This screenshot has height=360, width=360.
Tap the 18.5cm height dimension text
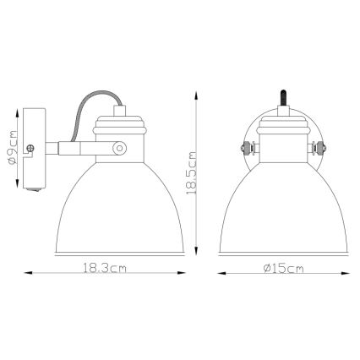click(194, 172)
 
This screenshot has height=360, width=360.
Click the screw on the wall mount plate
click(30, 150)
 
